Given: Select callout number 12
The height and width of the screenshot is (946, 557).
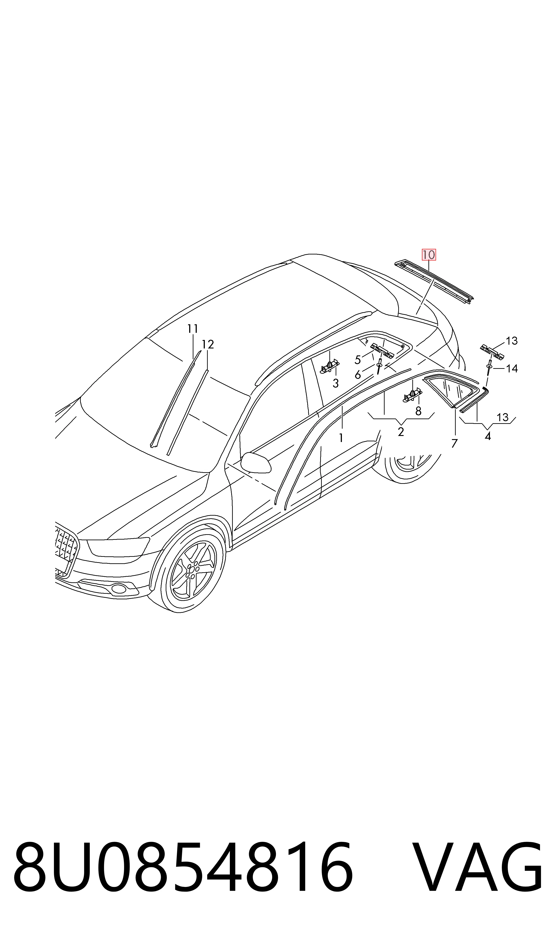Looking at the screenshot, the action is [208, 344].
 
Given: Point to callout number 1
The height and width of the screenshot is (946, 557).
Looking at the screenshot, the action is [341, 438].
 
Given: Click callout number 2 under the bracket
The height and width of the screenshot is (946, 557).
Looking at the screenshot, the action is [401, 432].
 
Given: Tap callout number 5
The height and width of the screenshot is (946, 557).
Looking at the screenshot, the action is [358, 360].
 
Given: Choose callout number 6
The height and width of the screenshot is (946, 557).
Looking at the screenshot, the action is [358, 375].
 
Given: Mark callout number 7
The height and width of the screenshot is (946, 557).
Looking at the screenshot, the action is [455, 444].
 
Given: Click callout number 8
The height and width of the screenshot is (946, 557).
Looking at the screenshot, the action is [419, 412].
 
